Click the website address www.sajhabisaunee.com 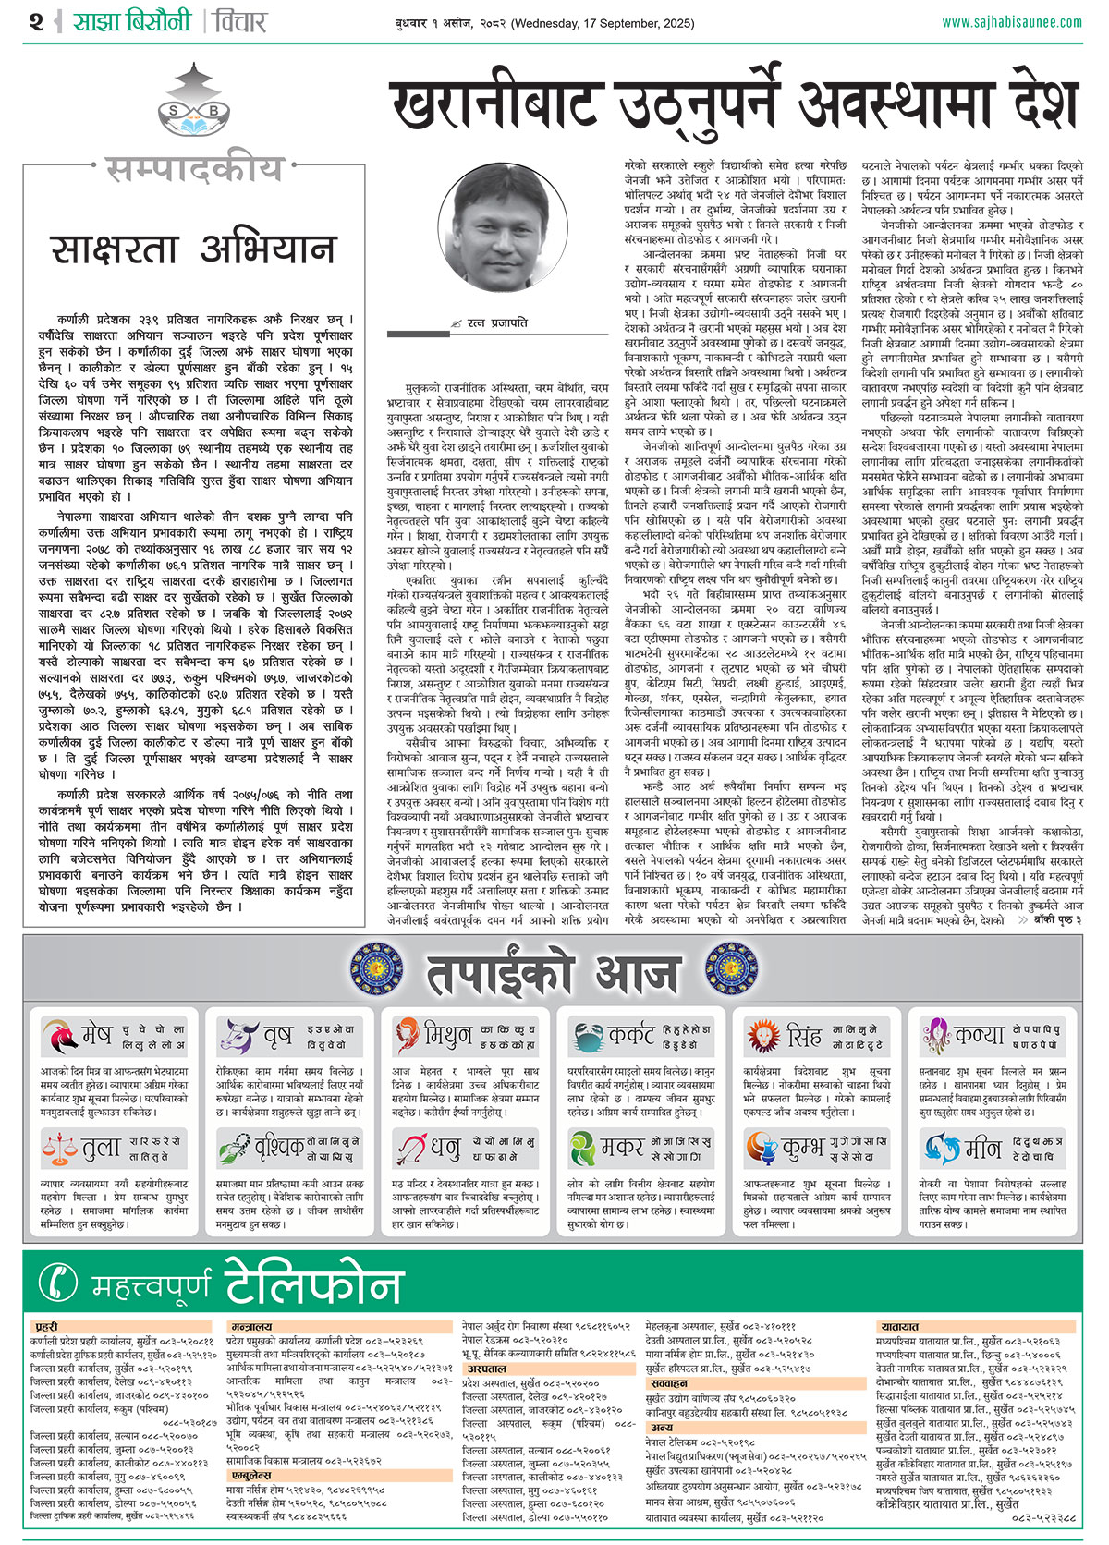pyautogui.click(x=1011, y=22)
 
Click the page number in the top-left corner pyautogui.click(x=36, y=22)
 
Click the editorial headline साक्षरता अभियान pyautogui.click(x=192, y=249)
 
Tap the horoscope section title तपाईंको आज pyautogui.click(x=553, y=974)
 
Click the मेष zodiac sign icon pyautogui.click(x=58, y=1036)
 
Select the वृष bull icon pyautogui.click(x=237, y=1036)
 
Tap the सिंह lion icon pyautogui.click(x=763, y=1036)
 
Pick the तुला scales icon pyautogui.click(x=59, y=1149)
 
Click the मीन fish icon pyautogui.click(x=940, y=1149)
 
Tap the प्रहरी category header pyautogui.click(x=47, y=1327)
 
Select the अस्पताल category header pyautogui.click(x=486, y=1369)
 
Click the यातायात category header pyautogui.click(x=899, y=1327)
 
